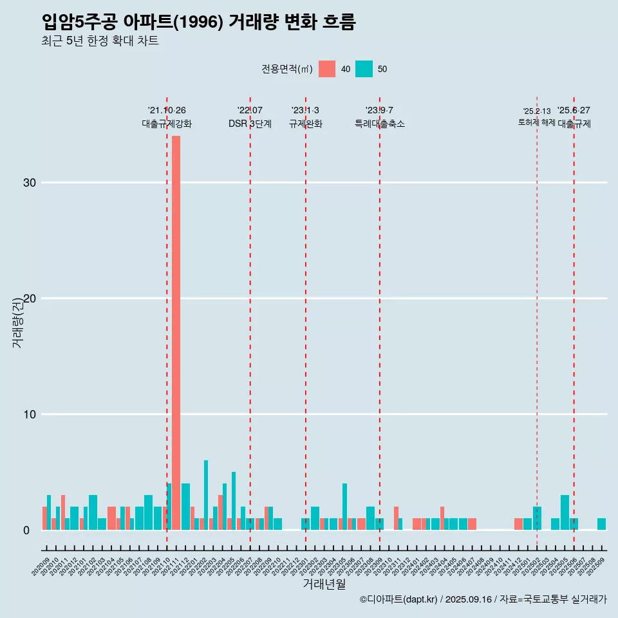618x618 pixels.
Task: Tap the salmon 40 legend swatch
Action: point(327,69)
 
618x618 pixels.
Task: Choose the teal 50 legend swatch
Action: point(364,69)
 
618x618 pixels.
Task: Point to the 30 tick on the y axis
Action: point(30,183)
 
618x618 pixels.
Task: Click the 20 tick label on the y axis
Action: point(30,299)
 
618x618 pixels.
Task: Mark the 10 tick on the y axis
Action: point(30,415)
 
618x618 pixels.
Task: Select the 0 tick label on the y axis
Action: point(26,530)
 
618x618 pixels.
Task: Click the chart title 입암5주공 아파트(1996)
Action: point(198,22)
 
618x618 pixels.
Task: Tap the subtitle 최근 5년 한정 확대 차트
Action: point(100,41)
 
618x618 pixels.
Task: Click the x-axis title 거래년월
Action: point(324,585)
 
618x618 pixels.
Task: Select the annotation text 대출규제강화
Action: point(167,124)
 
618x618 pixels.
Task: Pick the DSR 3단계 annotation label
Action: point(250,124)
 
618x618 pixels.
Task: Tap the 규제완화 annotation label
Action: point(305,124)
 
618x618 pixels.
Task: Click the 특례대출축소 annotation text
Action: point(380,124)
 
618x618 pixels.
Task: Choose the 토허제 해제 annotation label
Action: point(536,122)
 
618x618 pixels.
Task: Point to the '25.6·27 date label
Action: point(574,111)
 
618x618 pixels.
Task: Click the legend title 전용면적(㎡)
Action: point(287,69)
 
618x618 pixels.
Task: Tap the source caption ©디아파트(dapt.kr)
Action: point(399,599)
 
